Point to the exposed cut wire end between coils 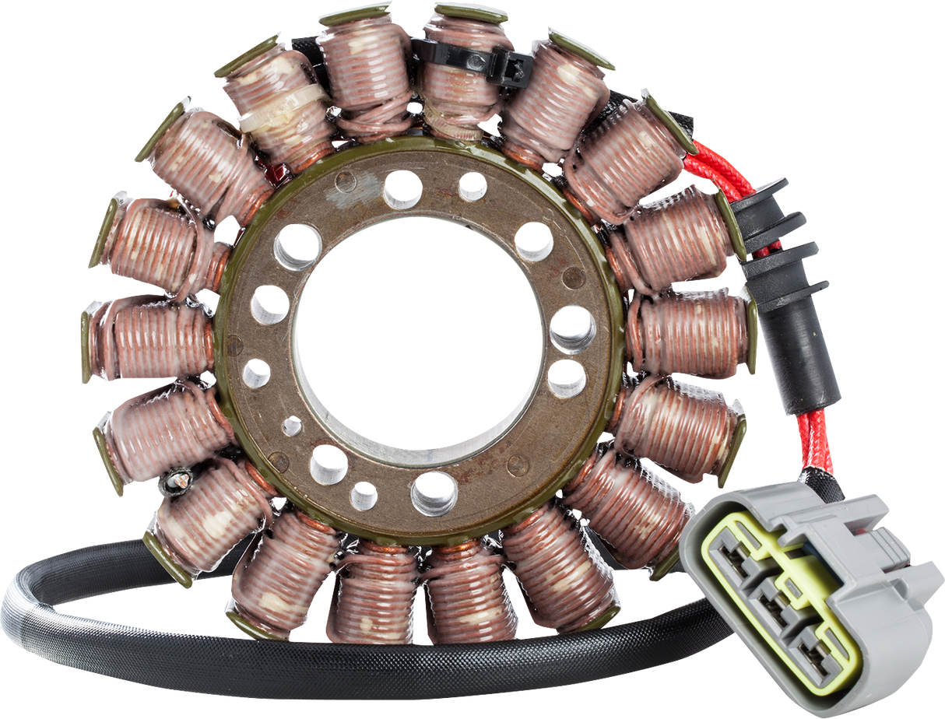[x=178, y=482]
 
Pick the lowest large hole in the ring [x=434, y=493]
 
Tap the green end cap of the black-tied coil [x=472, y=11]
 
